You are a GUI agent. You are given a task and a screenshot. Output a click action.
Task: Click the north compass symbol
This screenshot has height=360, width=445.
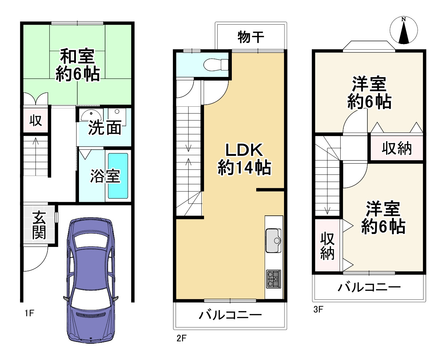pyautogui.click(x=403, y=30)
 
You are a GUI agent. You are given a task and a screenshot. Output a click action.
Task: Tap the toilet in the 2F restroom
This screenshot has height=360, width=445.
pyautogui.click(x=215, y=64)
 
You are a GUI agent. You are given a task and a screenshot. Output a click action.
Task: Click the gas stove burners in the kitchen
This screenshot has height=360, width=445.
pyautogui.click(x=274, y=279)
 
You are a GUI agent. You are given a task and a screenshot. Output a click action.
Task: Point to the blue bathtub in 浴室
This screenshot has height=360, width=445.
pyautogui.click(x=118, y=176)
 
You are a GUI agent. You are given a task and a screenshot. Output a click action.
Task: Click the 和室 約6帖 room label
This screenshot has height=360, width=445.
pyautogui.click(x=78, y=65)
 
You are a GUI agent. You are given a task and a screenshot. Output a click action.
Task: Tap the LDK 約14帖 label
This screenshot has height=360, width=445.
pyautogui.click(x=244, y=159)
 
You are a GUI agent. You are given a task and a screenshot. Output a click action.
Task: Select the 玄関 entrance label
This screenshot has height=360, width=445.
pyautogui.click(x=39, y=225)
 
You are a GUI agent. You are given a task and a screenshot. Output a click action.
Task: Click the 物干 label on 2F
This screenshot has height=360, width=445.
pyautogui.click(x=251, y=37)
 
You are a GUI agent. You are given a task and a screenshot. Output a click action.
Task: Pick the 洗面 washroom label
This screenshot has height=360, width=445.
pyautogui.click(x=105, y=128)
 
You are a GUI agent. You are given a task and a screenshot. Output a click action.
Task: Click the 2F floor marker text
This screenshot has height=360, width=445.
pyautogui.click(x=182, y=338)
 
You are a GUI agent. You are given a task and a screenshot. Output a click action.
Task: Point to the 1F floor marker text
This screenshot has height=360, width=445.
pyautogui.click(x=29, y=313)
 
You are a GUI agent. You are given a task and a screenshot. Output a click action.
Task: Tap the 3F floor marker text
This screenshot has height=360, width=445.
pyautogui.click(x=318, y=309)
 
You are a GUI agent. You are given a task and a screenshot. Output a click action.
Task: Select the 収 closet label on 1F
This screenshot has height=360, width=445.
pyautogui.click(x=36, y=120)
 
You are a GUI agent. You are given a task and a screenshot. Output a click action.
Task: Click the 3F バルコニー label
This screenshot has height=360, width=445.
pyautogui.click(x=369, y=288)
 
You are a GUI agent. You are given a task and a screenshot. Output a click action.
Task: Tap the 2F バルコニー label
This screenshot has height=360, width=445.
pyautogui.click(x=230, y=315)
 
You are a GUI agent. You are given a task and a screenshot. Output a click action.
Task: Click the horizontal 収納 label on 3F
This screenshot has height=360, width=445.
pyautogui.click(x=397, y=148)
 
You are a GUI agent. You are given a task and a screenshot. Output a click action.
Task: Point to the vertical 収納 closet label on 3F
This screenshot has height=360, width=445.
pyautogui.click(x=327, y=246)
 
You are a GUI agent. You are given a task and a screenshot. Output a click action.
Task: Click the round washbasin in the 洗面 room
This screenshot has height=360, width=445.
pyautogui.click(x=91, y=115)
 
